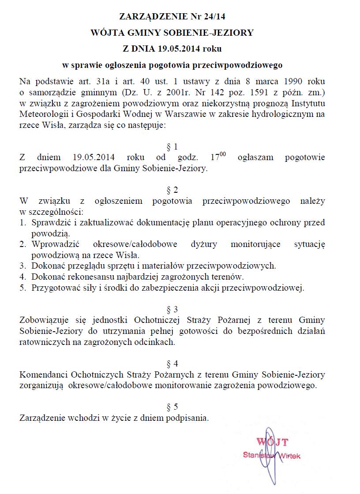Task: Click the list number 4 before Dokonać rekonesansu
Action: (x=22, y=277)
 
